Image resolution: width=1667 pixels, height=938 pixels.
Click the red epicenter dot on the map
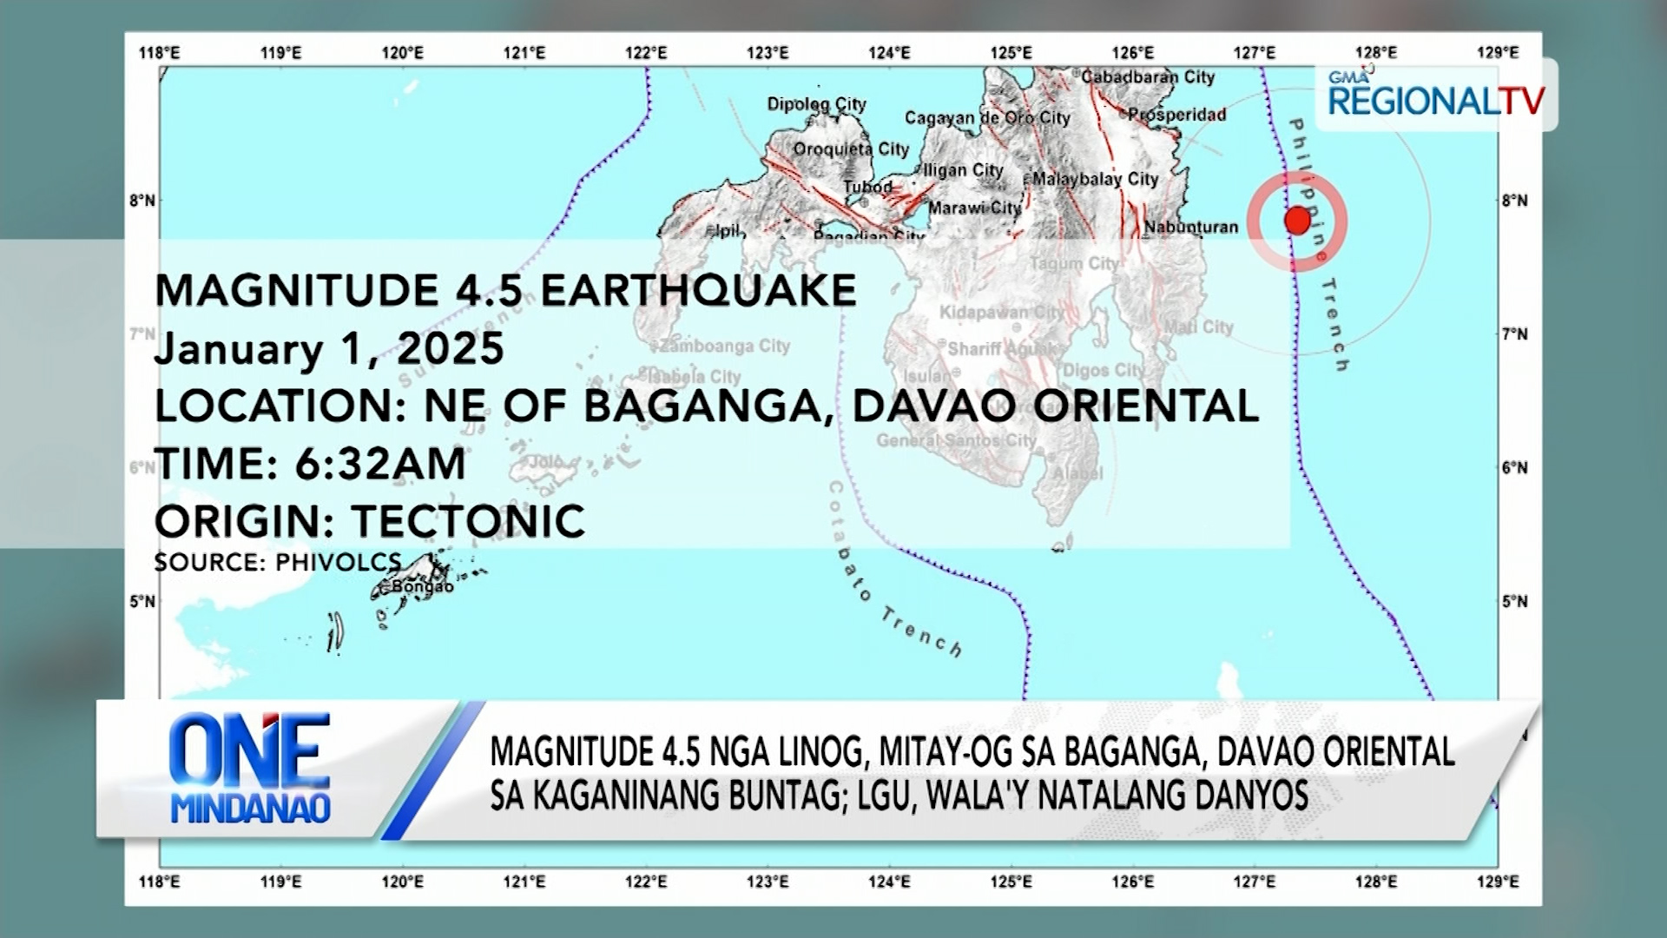1297,221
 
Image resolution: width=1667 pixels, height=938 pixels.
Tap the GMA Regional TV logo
1436,95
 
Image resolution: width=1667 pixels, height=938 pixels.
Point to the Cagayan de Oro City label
987,117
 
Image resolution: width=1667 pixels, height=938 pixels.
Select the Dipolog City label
816,104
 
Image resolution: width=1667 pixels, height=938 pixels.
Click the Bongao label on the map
422,586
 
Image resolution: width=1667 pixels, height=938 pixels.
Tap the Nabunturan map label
1191,228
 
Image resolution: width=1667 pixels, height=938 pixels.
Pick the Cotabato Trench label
894,574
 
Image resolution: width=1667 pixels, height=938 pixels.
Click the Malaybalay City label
1095,179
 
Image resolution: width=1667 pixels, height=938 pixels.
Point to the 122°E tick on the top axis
646,53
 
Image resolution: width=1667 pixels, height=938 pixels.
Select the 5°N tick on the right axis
1514,601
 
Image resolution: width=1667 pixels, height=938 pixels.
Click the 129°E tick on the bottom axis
1498,882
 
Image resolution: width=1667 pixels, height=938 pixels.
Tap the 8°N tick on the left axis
142,201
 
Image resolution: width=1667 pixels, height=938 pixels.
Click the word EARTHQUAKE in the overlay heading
699,290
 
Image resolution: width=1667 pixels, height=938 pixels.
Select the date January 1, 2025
329,349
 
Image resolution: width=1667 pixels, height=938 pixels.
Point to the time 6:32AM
380,464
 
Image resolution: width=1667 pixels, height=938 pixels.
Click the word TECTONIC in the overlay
469,521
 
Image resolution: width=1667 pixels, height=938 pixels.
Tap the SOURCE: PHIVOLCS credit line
278,562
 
